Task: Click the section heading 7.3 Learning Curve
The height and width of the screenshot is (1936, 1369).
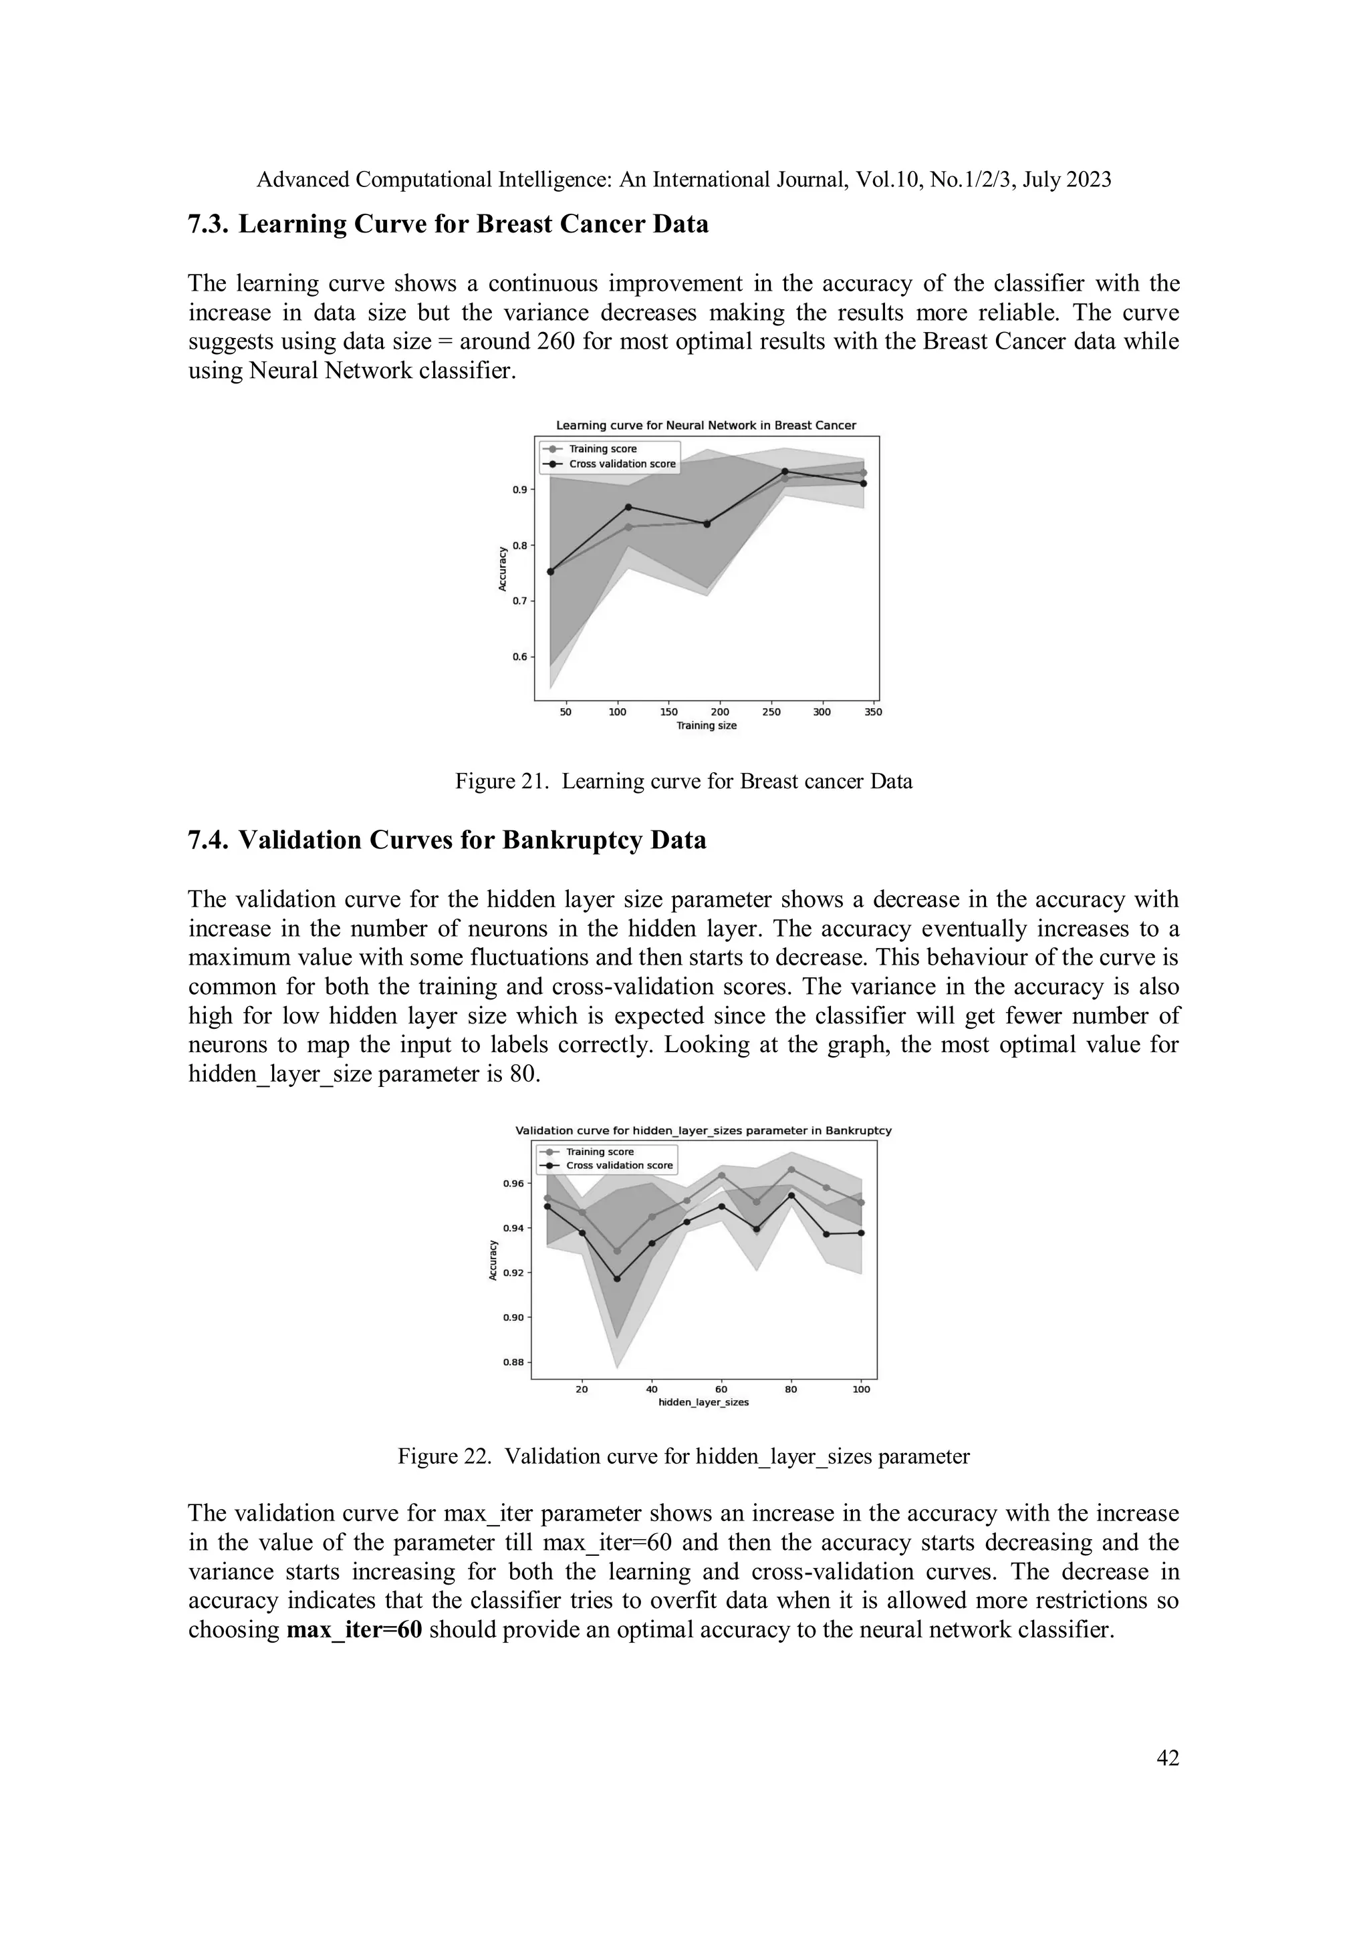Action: [x=448, y=224]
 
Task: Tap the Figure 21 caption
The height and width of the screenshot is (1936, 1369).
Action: [x=683, y=781]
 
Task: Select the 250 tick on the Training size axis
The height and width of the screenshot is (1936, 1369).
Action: [x=771, y=711]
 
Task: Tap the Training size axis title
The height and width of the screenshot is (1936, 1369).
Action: [x=706, y=725]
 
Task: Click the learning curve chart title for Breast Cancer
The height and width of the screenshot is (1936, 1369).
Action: [x=706, y=425]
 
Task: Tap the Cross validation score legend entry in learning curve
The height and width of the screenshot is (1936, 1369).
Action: [x=622, y=464]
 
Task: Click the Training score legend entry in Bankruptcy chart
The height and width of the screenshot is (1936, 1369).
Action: [x=599, y=1152]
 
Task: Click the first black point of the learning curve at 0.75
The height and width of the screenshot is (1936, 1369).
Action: [x=551, y=572]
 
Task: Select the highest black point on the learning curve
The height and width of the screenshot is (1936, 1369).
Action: [x=785, y=472]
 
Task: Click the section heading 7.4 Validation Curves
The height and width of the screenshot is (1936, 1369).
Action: [x=447, y=840]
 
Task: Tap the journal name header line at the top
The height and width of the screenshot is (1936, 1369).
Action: [x=683, y=180]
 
